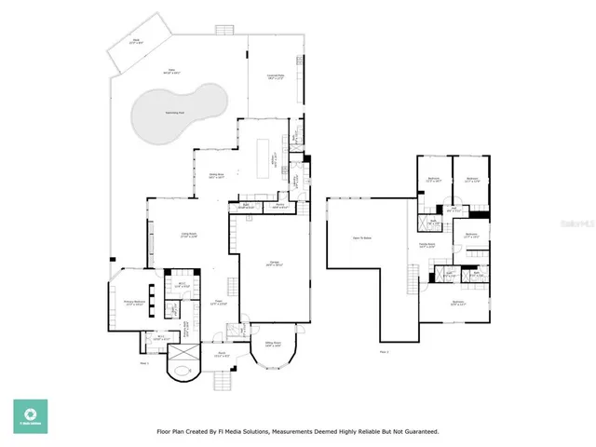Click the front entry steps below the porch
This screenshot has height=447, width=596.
coord(223,381)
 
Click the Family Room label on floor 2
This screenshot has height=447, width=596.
coord(427,246)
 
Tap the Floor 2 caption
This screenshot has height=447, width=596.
coord(383,351)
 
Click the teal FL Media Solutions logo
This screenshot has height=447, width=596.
coord(30,416)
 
